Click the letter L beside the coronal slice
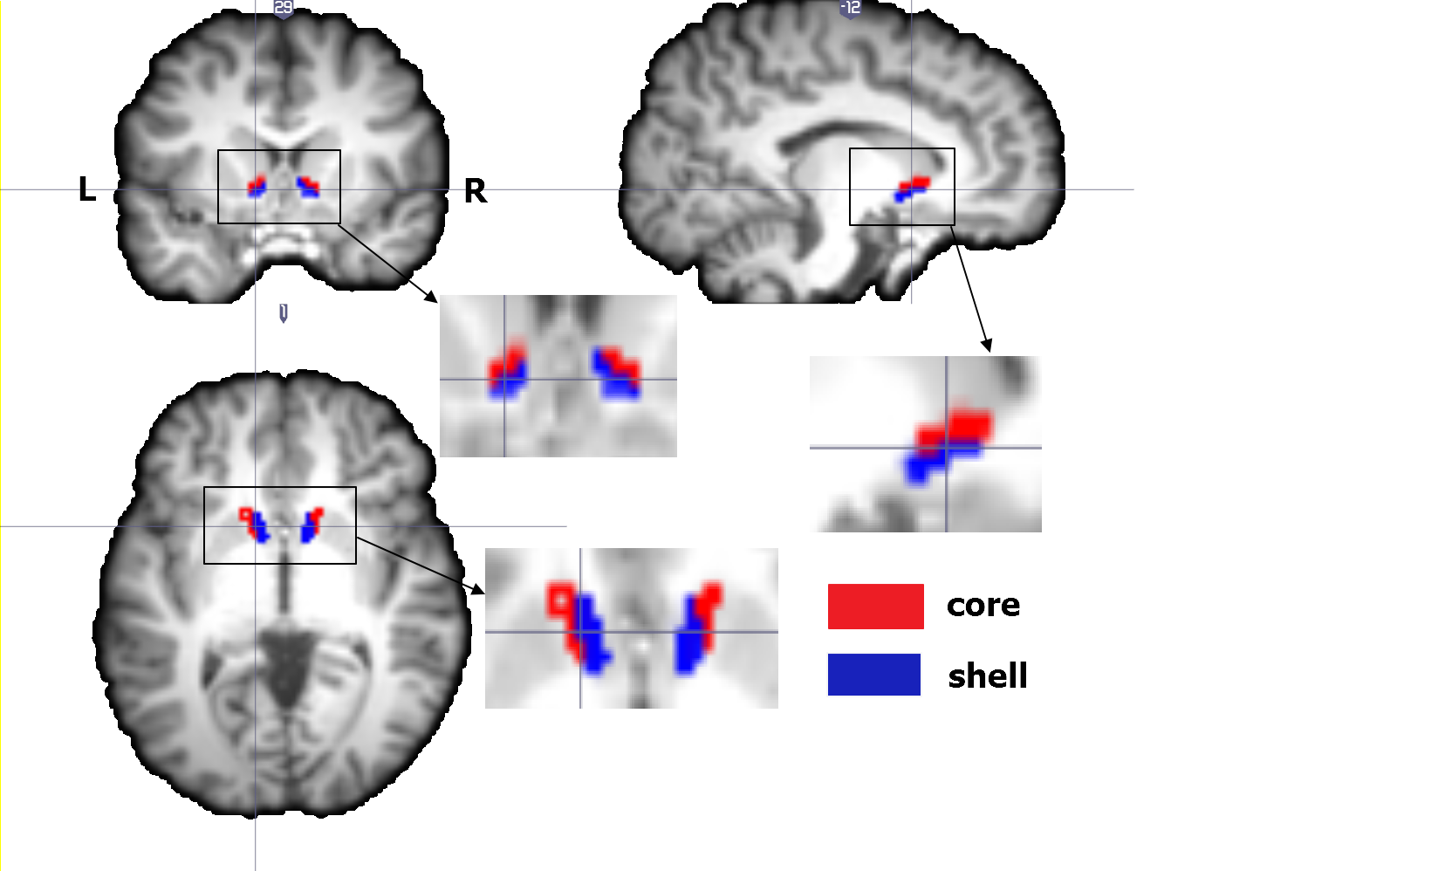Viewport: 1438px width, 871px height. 86,189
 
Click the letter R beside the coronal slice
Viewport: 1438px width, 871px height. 475,190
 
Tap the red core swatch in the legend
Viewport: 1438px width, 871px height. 875,607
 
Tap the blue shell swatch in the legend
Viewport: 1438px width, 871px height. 873,675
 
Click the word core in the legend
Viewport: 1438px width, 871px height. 983,605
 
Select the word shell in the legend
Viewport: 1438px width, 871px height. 988,676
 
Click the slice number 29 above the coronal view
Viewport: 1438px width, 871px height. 283,9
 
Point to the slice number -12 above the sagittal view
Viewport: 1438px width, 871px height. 850,8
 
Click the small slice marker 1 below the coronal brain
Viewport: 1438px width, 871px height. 284,312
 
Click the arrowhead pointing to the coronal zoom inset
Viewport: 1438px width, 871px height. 431,298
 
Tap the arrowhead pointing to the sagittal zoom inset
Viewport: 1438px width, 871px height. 987,346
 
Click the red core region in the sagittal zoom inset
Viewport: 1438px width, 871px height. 960,428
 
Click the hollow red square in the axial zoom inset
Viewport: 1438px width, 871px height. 559,600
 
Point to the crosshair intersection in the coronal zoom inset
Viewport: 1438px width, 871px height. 504,379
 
